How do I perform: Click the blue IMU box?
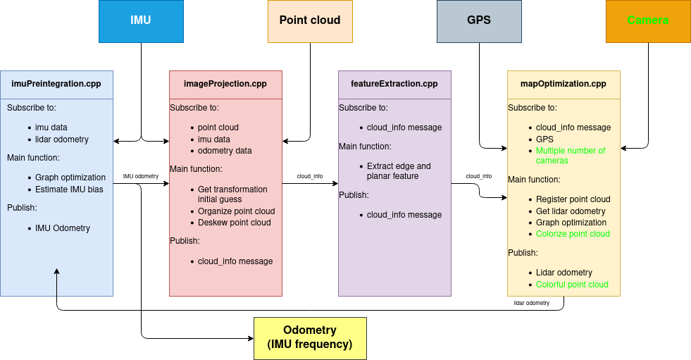point(141,20)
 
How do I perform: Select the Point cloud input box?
point(310,20)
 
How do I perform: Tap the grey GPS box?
point(479,20)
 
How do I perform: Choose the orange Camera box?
point(648,20)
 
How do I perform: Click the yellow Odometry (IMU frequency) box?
point(310,337)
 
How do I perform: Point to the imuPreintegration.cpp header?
point(56,84)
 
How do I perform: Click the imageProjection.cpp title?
point(225,84)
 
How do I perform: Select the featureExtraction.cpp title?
point(394,84)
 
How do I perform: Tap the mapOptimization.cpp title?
point(564,84)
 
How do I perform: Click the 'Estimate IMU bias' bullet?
point(68,189)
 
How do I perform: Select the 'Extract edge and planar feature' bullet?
point(399,171)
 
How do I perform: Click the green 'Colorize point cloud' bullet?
point(573,234)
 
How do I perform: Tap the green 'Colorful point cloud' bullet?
point(572,285)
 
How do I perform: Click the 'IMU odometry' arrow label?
point(141,176)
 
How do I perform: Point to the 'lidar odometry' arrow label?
point(531,302)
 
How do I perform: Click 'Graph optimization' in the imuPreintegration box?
point(70,178)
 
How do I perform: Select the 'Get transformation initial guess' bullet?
point(232,194)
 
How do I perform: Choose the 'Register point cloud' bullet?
point(573,199)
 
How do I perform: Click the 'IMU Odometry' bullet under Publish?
point(63,228)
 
